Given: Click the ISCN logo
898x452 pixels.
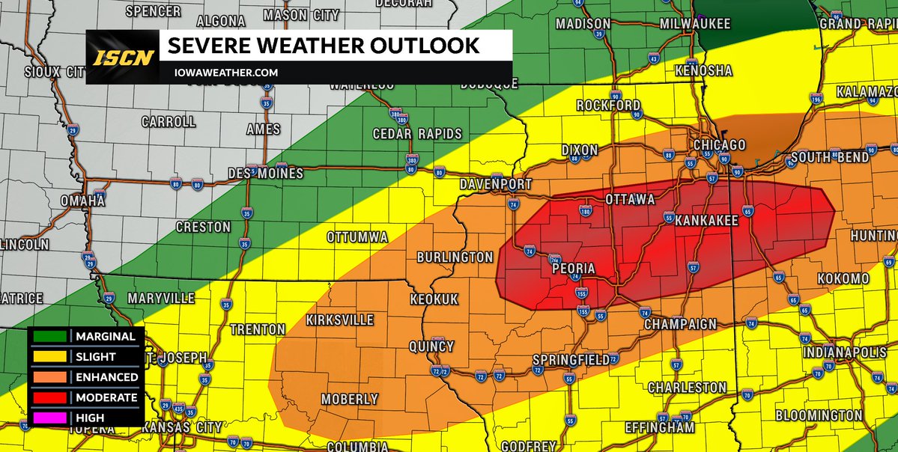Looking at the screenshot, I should pos(123,57).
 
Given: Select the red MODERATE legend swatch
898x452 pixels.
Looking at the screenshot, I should pos(49,397).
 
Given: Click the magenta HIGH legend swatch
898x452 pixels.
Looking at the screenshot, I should pos(49,418).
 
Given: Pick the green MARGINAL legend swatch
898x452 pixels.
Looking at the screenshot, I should pos(49,337).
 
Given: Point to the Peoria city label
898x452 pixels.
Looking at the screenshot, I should pos(573,269).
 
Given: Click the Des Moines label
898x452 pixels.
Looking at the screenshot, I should pos(266,174).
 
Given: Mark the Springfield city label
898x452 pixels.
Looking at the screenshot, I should pos(571,360).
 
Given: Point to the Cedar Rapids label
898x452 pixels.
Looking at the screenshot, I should pos(417,134).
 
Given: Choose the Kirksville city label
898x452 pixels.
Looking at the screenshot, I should pos(340,320).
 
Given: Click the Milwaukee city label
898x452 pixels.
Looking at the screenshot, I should pos(694,24).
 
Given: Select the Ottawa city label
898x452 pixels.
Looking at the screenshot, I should pos(630,200).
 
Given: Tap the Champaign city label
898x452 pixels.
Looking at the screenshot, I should pos(680,325).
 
